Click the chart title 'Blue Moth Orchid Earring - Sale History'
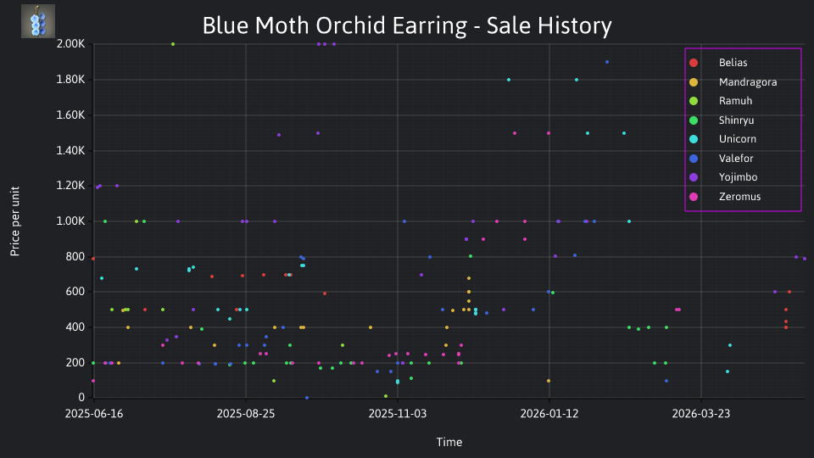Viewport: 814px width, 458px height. [x=407, y=25]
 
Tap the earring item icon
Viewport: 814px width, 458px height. [x=38, y=21]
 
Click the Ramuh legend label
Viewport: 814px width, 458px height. [x=735, y=101]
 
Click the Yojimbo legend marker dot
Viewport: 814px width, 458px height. [x=694, y=177]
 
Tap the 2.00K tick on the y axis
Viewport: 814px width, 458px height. [x=70, y=44]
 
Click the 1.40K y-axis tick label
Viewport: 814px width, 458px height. [x=70, y=151]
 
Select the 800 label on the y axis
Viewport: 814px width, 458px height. [x=75, y=256]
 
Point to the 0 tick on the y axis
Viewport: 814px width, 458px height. [x=81, y=398]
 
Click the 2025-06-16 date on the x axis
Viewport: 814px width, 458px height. [x=94, y=414]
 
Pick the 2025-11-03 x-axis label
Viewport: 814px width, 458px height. [x=398, y=414]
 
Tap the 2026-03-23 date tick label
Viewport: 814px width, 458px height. [x=701, y=414]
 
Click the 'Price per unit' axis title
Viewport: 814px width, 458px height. [x=15, y=221]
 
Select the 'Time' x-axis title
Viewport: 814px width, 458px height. [x=449, y=443]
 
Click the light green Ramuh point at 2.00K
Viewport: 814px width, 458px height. [x=173, y=44]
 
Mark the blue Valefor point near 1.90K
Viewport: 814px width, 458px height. [x=607, y=62]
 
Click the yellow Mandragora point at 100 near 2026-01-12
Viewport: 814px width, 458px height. [x=549, y=381]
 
